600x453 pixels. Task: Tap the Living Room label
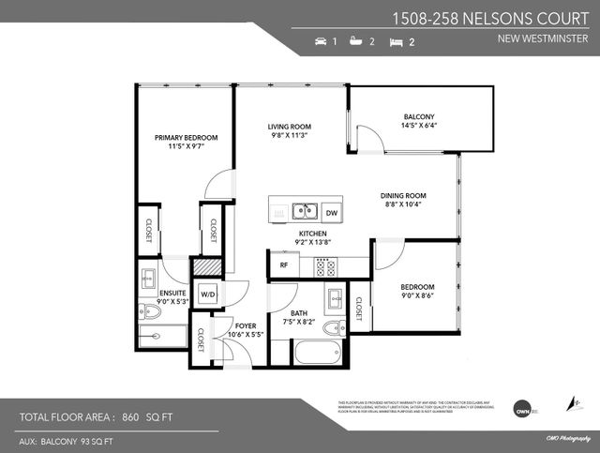(x=289, y=127)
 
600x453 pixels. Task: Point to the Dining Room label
(x=403, y=195)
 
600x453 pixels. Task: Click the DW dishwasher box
(x=332, y=212)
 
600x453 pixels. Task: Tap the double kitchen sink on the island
(x=303, y=211)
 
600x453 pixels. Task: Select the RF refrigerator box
(x=283, y=265)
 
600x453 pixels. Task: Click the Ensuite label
(x=172, y=293)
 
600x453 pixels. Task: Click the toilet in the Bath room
(x=333, y=328)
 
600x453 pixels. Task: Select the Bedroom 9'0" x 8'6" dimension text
(x=417, y=297)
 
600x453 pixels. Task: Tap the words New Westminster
(x=547, y=39)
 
